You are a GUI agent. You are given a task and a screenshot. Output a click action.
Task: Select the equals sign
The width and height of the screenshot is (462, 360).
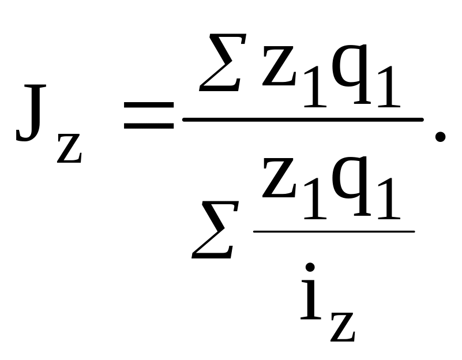pos(148,114)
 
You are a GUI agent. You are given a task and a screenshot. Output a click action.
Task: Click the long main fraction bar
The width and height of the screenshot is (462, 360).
pos(303,120)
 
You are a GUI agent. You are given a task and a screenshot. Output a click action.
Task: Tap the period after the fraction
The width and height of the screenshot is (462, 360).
pos(440,136)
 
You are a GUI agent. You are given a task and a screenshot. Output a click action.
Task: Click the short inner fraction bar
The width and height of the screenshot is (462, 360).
pos(334,231)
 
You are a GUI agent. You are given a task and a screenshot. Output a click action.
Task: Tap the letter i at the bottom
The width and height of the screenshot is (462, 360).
pos(310,297)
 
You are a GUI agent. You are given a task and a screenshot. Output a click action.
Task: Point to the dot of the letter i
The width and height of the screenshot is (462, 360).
pos(310,267)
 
